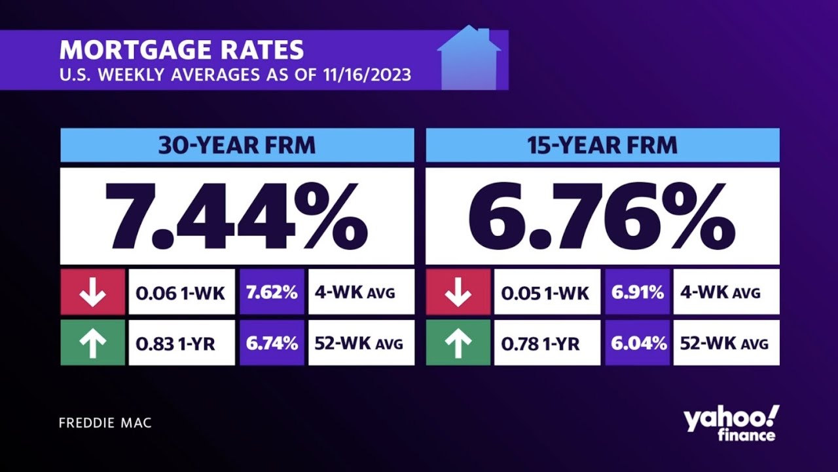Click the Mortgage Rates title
click(181, 50)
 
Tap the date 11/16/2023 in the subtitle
click(367, 75)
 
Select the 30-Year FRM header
click(237, 145)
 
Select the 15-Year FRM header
click(602, 145)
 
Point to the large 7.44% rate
click(237, 216)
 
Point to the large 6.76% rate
click(602, 216)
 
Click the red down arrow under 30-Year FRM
click(92, 292)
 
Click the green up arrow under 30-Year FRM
click(92, 343)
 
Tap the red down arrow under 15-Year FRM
click(458, 292)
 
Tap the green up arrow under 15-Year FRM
click(458, 343)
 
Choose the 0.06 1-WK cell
click(181, 292)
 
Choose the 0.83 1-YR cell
click(181, 343)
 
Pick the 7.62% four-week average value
click(272, 292)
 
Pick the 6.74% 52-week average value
click(272, 343)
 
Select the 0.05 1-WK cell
click(547, 292)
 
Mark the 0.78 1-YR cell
click(547, 343)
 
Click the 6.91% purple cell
click(638, 292)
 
